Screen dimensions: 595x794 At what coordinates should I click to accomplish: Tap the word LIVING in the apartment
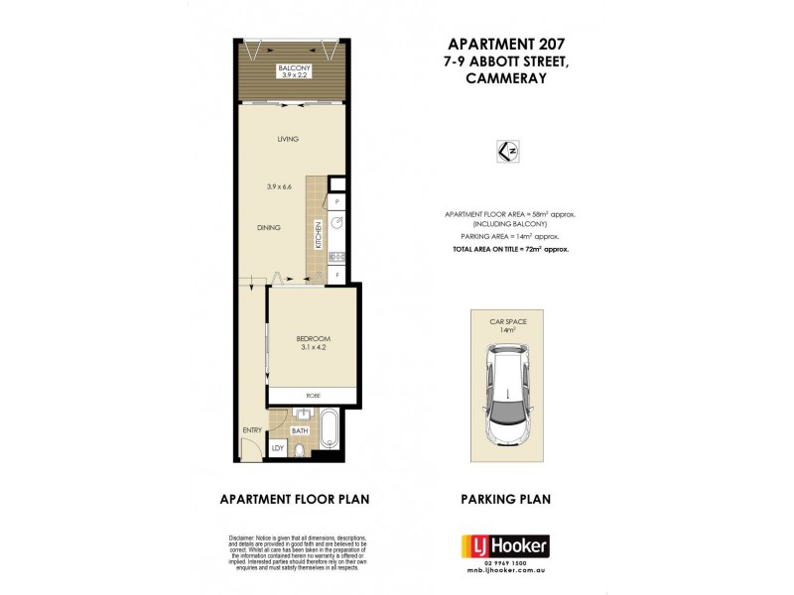288,139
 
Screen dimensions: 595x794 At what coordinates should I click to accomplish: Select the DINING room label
268,227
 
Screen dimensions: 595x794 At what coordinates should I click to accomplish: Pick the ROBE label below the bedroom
313,396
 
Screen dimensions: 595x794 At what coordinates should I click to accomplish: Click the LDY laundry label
278,448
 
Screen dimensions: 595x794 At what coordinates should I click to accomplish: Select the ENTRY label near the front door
252,430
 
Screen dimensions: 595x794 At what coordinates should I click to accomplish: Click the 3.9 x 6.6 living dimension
281,186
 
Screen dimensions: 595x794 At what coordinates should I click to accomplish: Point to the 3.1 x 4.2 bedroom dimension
313,347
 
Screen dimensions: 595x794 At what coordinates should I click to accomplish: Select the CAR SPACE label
505,322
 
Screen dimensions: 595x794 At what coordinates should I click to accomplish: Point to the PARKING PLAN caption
506,499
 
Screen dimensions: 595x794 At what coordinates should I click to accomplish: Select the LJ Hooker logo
505,546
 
